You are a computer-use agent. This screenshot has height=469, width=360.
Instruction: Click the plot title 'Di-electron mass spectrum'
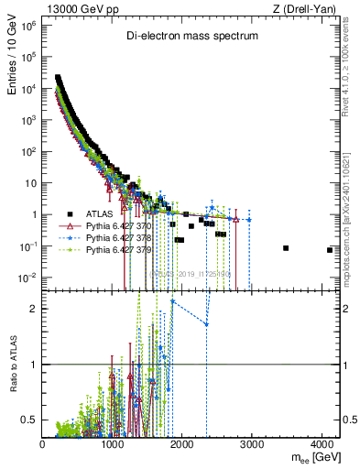coord(192,36)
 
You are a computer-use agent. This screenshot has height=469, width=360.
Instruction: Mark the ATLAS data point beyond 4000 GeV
coord(329,250)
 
